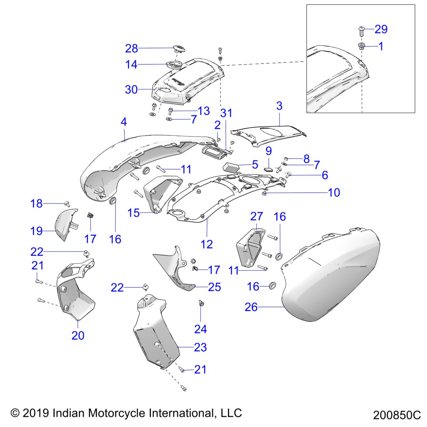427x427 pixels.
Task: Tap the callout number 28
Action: pyautogui.click(x=132, y=48)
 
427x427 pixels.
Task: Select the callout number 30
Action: pyautogui.click(x=131, y=90)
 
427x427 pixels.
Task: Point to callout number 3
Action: pyautogui.click(x=279, y=106)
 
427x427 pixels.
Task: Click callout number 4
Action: pyautogui.click(x=124, y=122)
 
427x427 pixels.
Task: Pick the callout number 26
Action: pyautogui.click(x=251, y=307)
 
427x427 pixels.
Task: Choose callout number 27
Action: pyautogui.click(x=256, y=217)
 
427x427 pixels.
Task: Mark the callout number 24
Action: pyautogui.click(x=200, y=329)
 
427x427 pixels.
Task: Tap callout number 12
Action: pyautogui.click(x=207, y=244)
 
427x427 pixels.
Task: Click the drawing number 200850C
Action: pyautogui.click(x=397, y=415)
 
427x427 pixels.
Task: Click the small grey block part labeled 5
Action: pyautogui.click(x=231, y=166)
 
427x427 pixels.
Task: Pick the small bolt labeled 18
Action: pyautogui.click(x=67, y=203)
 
